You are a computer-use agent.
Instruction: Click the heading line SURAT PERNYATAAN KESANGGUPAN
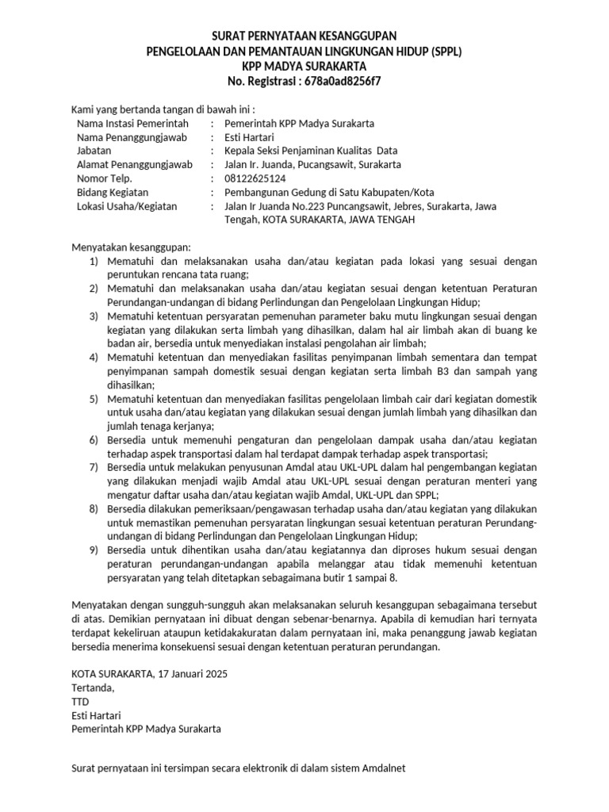(304, 36)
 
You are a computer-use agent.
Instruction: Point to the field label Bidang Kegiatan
(113, 193)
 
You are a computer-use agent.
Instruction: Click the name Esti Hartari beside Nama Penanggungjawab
(250, 137)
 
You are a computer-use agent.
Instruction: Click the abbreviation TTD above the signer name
(81, 701)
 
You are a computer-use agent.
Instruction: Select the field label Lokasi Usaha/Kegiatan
(127, 206)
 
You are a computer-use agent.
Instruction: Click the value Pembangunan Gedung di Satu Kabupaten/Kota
(329, 193)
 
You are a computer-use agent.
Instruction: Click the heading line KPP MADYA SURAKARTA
(304, 66)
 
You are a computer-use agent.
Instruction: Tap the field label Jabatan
(94, 151)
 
